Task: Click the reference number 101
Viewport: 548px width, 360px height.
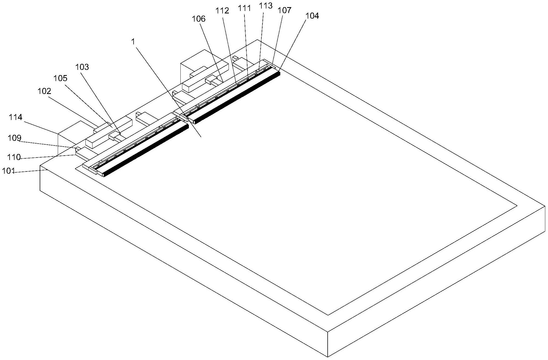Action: [8, 171]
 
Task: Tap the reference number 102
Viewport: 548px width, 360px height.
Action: [44, 91]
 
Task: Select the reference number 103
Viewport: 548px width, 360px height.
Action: [82, 67]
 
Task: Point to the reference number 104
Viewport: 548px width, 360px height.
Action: [312, 16]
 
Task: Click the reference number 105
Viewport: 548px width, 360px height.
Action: [60, 78]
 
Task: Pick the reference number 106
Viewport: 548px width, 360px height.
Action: [199, 19]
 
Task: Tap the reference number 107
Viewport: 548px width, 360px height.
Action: [284, 10]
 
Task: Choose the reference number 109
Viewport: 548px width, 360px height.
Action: [15, 138]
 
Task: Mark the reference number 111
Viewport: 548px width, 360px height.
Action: [244, 8]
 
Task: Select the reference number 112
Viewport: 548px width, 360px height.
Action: [222, 11]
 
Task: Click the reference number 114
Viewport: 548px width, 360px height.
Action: [16, 117]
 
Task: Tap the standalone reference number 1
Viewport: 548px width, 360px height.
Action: [133, 42]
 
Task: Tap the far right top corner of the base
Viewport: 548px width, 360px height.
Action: [545, 206]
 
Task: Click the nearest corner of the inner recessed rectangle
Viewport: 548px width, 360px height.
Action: [328, 315]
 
